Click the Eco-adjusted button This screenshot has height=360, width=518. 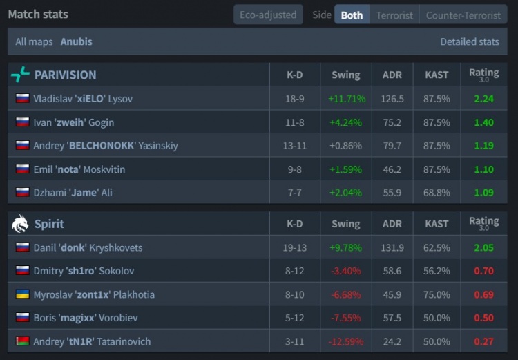[268, 15]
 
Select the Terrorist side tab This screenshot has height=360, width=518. [394, 15]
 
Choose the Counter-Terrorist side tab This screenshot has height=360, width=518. [463, 15]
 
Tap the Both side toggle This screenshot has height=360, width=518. [352, 15]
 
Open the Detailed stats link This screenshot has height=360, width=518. [470, 41]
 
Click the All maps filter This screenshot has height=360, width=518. [34, 41]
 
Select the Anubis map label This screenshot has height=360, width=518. [76, 41]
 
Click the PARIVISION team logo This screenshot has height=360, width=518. [21, 75]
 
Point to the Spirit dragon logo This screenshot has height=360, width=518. [21, 224]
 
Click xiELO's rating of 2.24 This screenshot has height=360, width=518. [483, 99]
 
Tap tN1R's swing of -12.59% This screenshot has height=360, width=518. [345, 342]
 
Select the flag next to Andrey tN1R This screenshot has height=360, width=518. [22, 342]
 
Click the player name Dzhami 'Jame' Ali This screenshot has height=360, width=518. [73, 193]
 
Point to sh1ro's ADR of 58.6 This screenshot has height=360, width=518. [392, 272]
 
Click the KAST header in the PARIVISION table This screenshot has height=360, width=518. [437, 75]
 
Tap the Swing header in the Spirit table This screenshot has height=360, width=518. [345, 224]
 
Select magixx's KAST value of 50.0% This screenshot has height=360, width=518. [437, 319]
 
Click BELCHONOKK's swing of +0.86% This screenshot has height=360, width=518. [345, 146]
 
